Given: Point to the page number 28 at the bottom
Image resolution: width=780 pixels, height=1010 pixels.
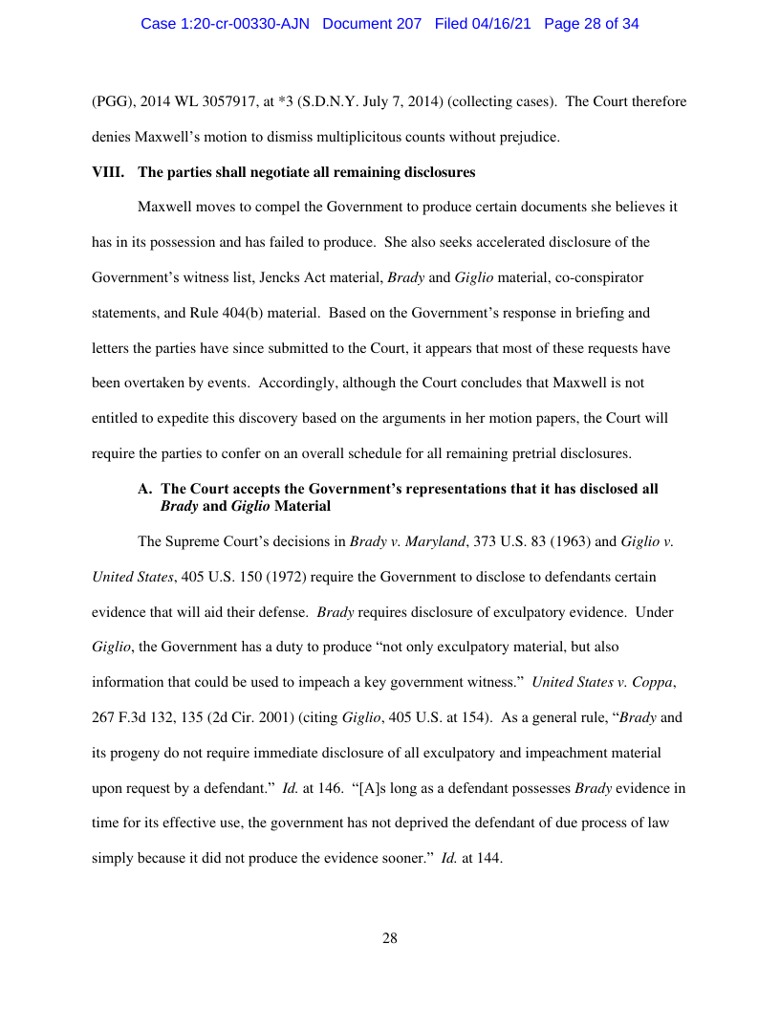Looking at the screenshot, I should click(390, 938).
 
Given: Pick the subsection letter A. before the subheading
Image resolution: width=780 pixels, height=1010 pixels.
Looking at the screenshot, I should click(145, 489).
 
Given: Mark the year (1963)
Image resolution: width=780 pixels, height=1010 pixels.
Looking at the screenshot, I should click(543, 541).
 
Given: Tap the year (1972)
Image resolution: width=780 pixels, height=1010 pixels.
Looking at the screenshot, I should click(281, 577).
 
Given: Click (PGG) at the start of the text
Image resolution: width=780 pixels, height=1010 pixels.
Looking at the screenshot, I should click(111, 101).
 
